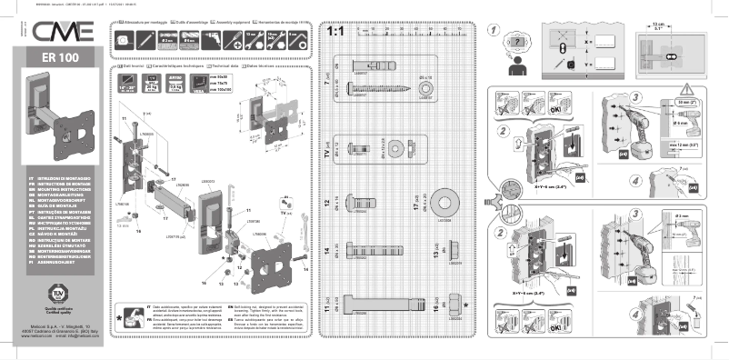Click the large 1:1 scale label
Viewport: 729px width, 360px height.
point(335,33)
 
